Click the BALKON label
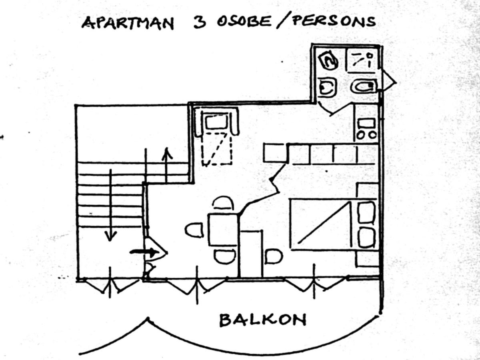(x=263, y=320)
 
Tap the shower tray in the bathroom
(x=361, y=60)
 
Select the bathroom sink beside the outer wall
(x=363, y=86)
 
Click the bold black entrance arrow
(x=144, y=252)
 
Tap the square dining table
(x=223, y=230)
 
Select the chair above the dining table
(x=223, y=203)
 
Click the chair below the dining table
(x=224, y=256)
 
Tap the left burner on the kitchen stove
(x=361, y=135)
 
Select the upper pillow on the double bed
(x=366, y=212)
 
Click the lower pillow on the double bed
(x=366, y=238)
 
